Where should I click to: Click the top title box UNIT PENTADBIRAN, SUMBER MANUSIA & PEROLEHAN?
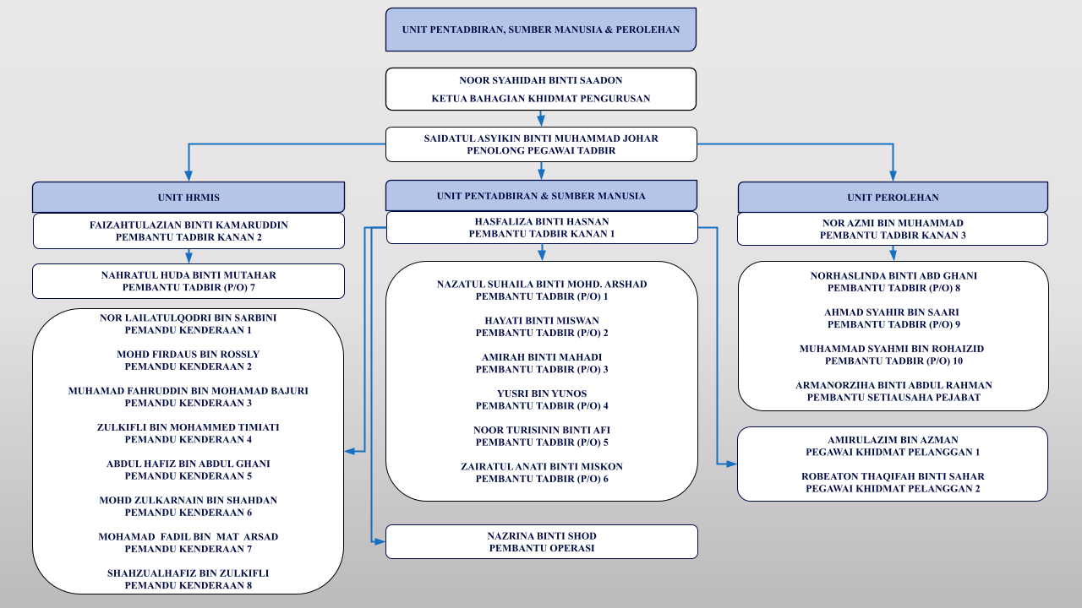click(x=540, y=30)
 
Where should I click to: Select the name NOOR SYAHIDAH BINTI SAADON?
click(x=540, y=80)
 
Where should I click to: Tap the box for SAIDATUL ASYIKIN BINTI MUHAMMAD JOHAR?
click(x=541, y=144)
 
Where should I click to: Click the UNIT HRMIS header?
click(x=189, y=198)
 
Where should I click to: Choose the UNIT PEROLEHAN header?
click(x=893, y=198)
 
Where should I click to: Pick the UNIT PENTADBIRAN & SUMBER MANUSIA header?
click(x=541, y=196)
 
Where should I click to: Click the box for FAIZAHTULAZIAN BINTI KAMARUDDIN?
click(x=189, y=231)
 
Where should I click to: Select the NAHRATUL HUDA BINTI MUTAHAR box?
click(x=189, y=281)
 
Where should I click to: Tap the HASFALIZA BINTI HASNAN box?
click(x=542, y=228)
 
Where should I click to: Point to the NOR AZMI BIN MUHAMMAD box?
click(x=893, y=229)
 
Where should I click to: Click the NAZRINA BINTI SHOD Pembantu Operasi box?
click(x=542, y=542)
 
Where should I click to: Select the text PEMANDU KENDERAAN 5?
click(x=189, y=476)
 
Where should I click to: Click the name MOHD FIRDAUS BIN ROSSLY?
click(x=189, y=354)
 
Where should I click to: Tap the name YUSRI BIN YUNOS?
click(x=542, y=394)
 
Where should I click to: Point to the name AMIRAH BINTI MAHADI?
click(x=542, y=357)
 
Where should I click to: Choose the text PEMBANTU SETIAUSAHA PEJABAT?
click(x=893, y=398)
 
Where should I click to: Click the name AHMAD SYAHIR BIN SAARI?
click(x=892, y=312)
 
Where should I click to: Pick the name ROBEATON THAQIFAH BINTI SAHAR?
click(x=893, y=477)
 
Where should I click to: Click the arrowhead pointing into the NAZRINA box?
click(x=380, y=542)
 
